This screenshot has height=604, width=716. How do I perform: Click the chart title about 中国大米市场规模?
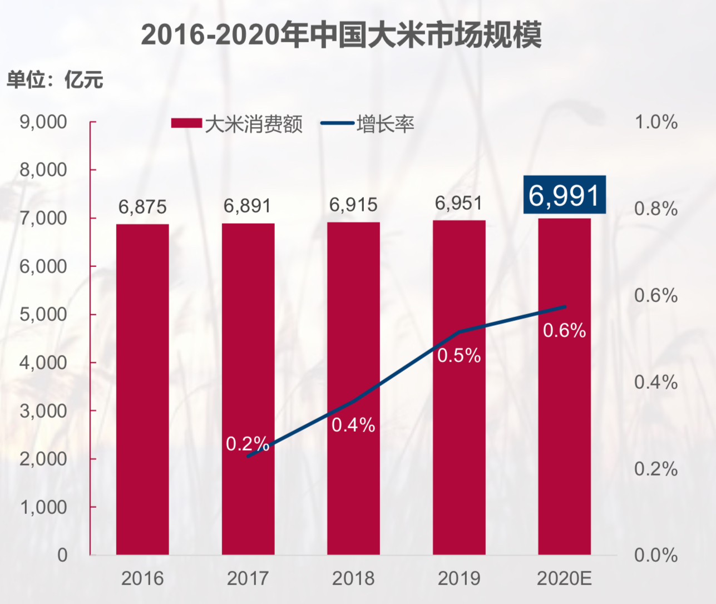(x=341, y=34)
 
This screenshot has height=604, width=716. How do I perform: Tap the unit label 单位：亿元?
(x=55, y=80)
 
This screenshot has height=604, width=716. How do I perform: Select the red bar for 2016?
(x=142, y=389)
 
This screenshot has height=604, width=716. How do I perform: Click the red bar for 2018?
(x=353, y=389)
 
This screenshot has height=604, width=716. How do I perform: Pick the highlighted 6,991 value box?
(x=564, y=195)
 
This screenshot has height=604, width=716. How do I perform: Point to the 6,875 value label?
(x=142, y=207)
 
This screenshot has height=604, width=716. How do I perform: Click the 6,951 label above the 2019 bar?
(x=458, y=203)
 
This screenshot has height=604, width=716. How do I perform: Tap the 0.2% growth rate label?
(x=247, y=443)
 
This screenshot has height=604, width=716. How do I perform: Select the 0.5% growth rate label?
(x=458, y=355)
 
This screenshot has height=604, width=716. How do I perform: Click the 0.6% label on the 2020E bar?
(x=564, y=331)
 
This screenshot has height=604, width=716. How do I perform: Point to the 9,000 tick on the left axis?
(x=43, y=122)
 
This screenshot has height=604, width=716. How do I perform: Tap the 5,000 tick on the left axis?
(x=43, y=314)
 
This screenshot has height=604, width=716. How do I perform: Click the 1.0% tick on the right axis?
(x=656, y=122)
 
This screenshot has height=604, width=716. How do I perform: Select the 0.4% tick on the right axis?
(x=656, y=382)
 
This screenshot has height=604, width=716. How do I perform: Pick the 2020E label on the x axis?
(x=564, y=578)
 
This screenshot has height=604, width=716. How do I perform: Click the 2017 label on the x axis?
(x=248, y=578)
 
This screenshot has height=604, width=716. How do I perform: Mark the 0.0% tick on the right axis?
(x=656, y=555)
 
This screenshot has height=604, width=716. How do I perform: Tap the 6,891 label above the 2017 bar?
(x=247, y=206)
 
